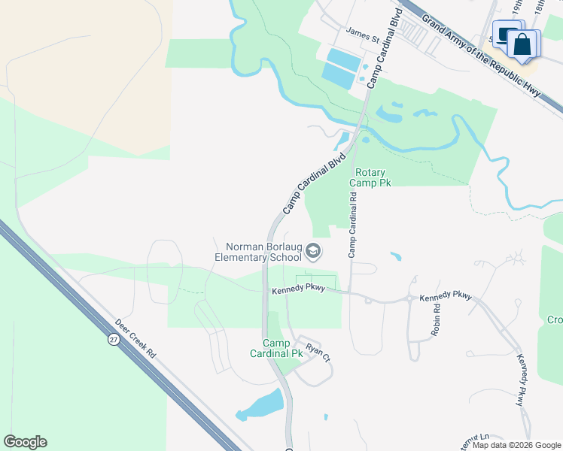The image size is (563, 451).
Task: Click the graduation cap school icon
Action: pos(315,251)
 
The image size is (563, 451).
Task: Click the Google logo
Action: pos(25,442)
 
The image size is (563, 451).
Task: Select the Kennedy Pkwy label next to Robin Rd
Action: pos(445,297)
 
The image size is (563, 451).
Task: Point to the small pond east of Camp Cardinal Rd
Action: pos(395,256)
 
